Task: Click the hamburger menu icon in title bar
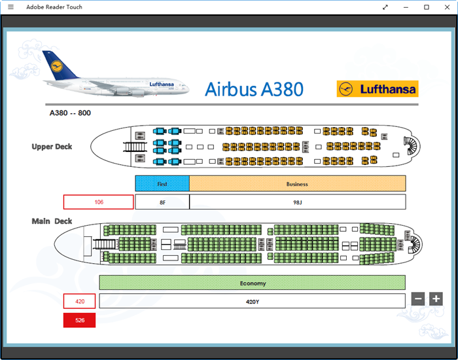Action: tap(10, 7)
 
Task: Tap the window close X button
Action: tap(447, 7)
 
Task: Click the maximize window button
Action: tap(427, 7)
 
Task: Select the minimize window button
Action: tap(406, 7)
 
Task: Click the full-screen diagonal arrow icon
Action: tap(385, 7)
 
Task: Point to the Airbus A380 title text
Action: tap(254, 89)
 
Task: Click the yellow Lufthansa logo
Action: tap(377, 89)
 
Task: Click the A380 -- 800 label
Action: tap(70, 113)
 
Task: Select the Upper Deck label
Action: tap(52, 147)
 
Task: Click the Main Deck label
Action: tap(52, 221)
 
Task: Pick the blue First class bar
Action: tap(162, 184)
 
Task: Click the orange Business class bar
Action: tap(297, 184)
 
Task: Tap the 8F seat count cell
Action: tap(162, 202)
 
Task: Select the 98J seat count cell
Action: tap(297, 202)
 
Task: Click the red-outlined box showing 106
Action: tap(99, 202)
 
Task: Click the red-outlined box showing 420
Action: tap(79, 302)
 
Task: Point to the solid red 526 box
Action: tap(79, 321)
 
